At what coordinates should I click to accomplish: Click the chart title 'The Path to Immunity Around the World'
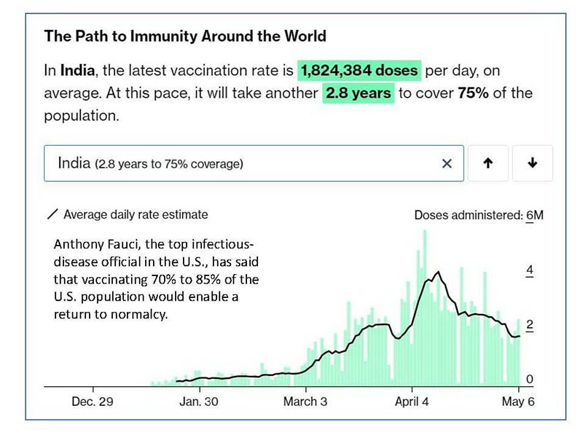185,36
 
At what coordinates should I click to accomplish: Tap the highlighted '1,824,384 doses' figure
359,71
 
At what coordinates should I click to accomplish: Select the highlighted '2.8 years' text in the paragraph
358,94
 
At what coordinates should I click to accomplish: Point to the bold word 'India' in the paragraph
78,71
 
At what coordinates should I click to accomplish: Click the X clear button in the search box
447,164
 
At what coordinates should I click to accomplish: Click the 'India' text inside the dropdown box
74,164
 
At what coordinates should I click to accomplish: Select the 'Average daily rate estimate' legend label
136,215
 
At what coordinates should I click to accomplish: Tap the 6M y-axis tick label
535,215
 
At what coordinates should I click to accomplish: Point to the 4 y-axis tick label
531,270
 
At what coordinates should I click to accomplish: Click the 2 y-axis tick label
531,326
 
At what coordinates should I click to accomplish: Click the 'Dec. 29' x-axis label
92,401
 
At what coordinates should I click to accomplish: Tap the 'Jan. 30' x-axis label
199,401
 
